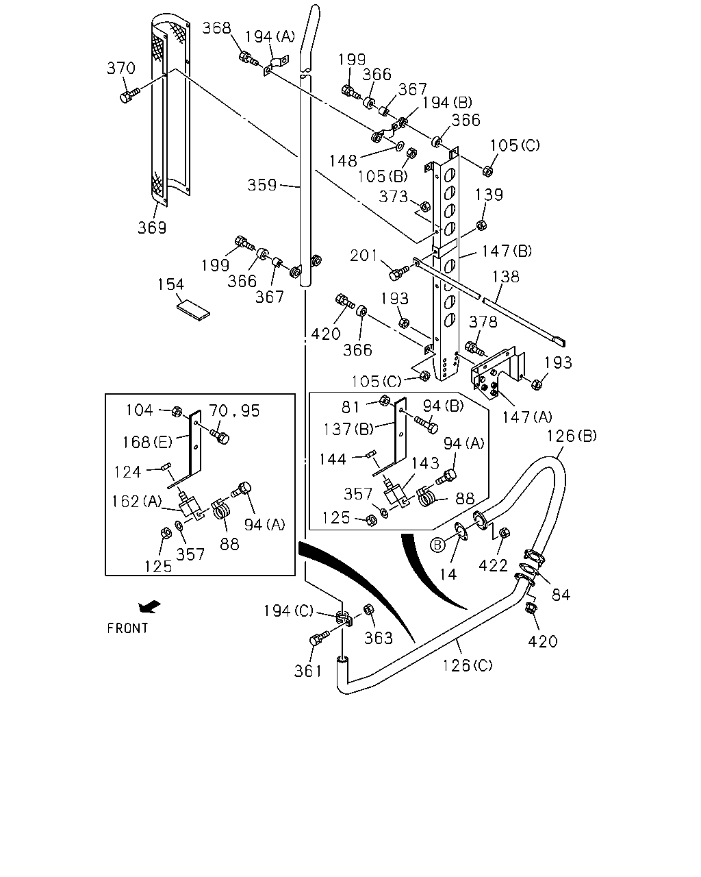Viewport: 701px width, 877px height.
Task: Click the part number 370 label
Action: pyautogui.click(x=121, y=68)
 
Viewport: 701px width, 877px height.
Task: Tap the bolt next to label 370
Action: pyautogui.click(x=129, y=95)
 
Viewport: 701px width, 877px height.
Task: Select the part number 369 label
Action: pyautogui.click(x=152, y=227)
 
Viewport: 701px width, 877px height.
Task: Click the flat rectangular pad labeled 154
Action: pyautogui.click(x=194, y=310)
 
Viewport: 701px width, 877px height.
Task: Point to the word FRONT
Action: pyautogui.click(x=127, y=628)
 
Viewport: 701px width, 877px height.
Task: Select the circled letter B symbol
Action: pyautogui.click(x=437, y=545)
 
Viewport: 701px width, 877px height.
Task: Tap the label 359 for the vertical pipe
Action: pyautogui.click(x=262, y=185)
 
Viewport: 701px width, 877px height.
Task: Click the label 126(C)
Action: pyautogui.click(x=468, y=665)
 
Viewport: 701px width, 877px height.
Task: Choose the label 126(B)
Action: pyautogui.click(x=572, y=436)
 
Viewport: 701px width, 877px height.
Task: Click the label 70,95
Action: pyautogui.click(x=234, y=411)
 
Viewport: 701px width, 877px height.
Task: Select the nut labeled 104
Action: pyautogui.click(x=177, y=411)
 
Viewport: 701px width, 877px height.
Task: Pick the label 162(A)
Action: pyautogui.click(x=137, y=502)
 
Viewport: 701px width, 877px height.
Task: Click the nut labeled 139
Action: pyautogui.click(x=481, y=224)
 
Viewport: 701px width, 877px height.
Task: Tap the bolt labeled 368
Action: pyautogui.click(x=248, y=58)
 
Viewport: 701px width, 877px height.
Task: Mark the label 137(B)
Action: pyautogui.click(x=348, y=429)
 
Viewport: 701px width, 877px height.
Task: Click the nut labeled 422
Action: pyautogui.click(x=505, y=532)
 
